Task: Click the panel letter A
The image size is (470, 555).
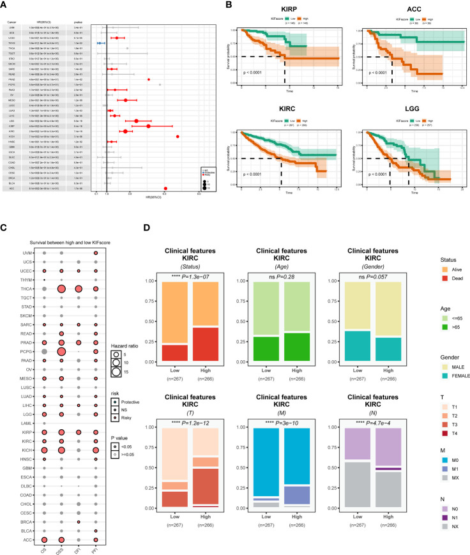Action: [x=4, y=6]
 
